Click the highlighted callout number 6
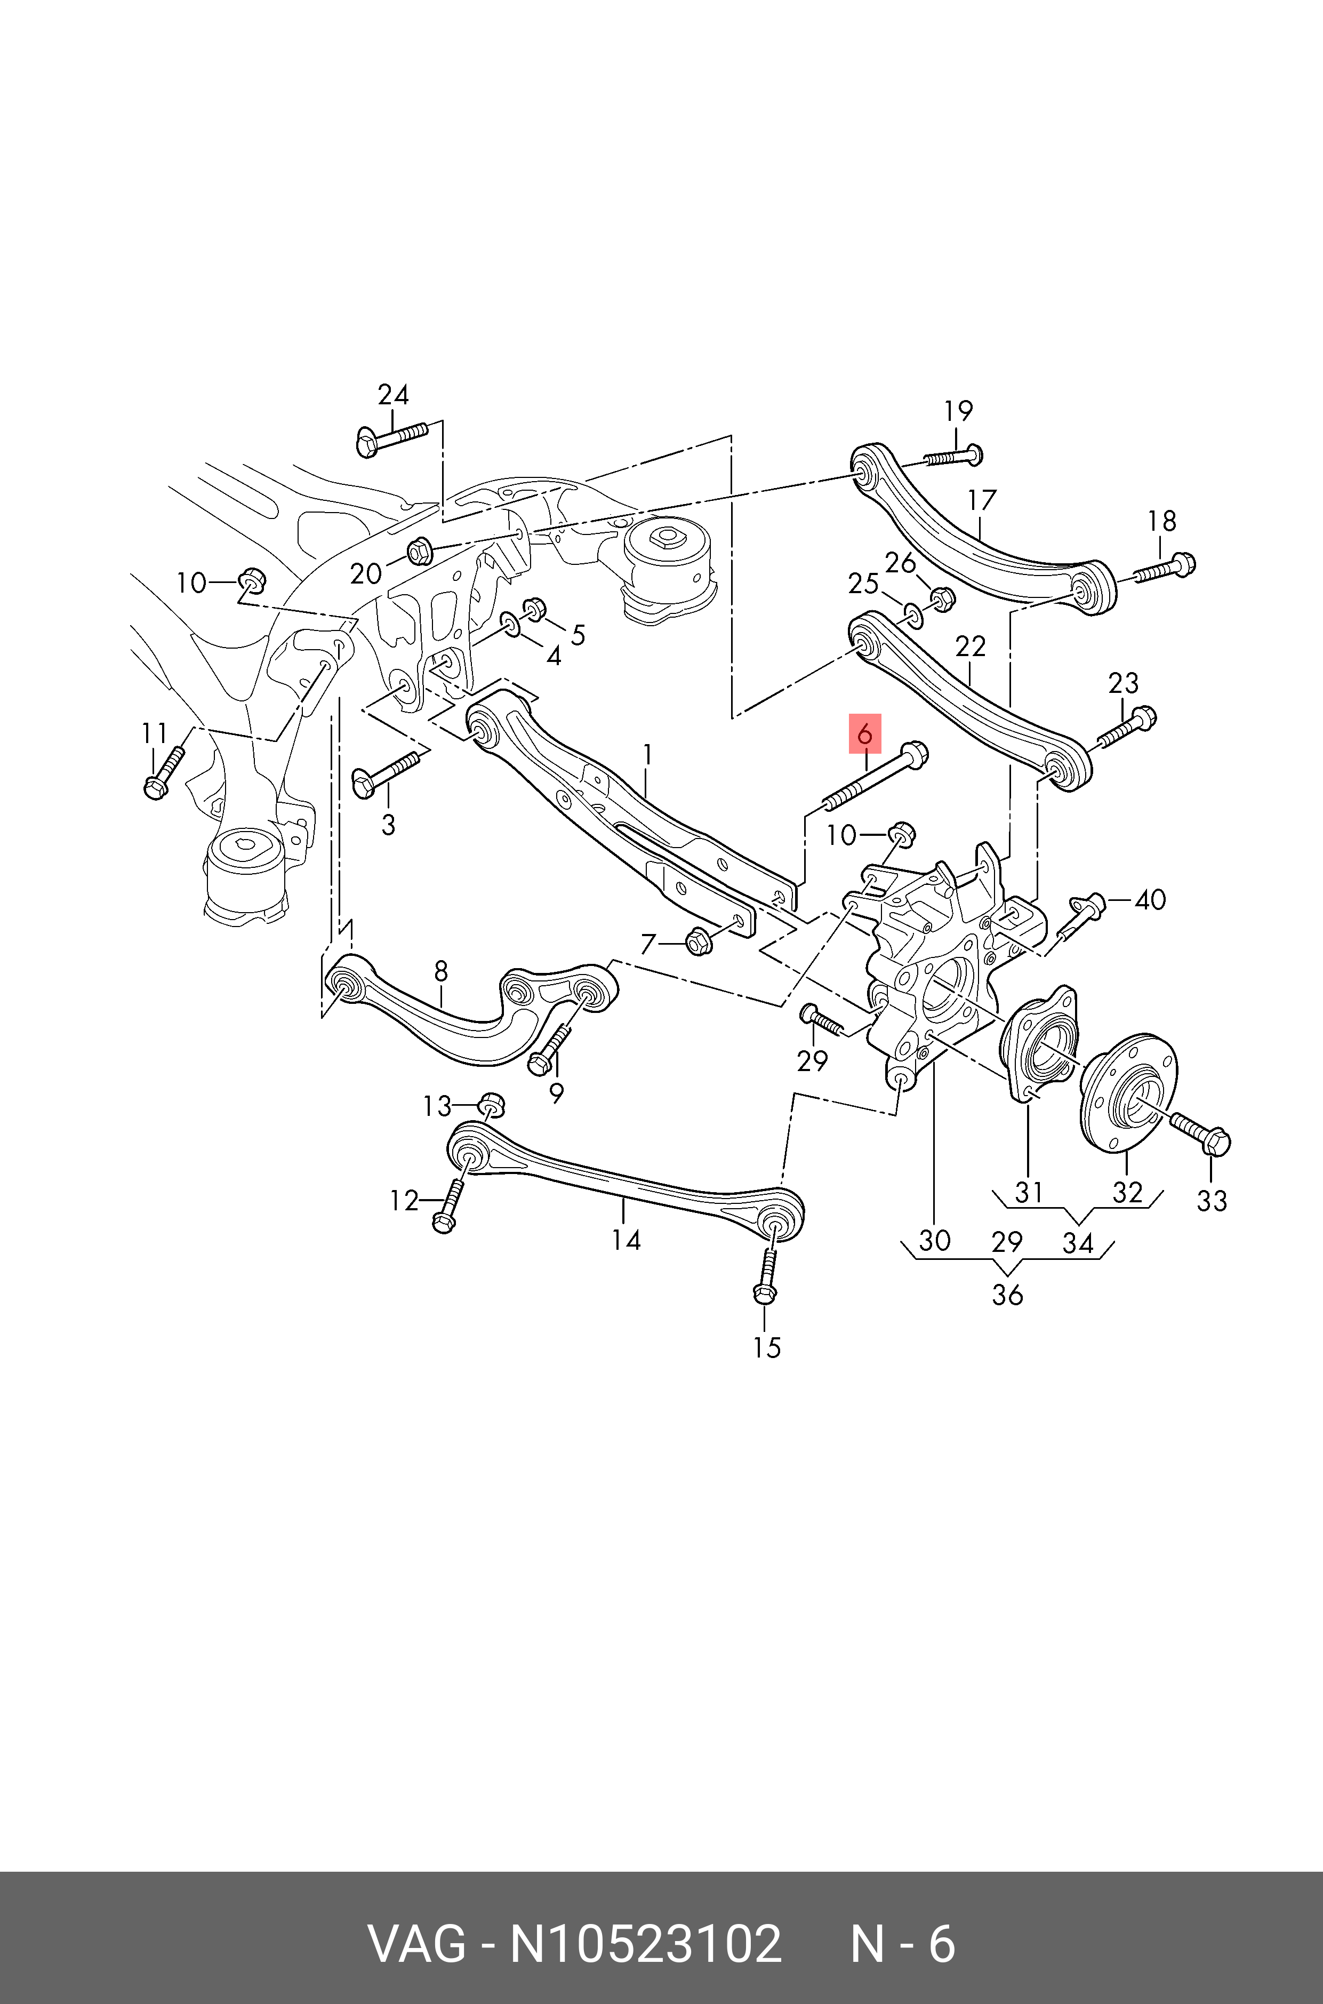point(864,734)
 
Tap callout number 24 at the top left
point(393,395)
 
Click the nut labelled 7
point(698,940)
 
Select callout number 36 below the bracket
point(1007,1295)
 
